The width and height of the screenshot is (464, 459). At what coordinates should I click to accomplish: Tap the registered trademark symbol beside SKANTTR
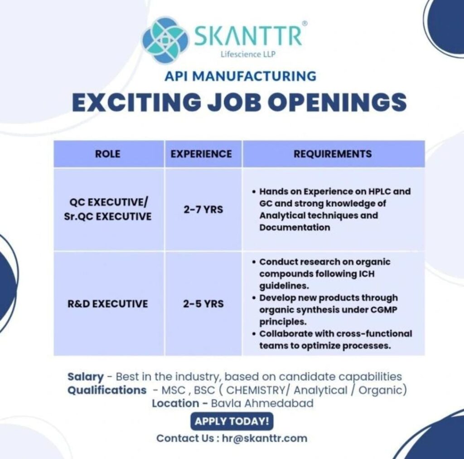pos(304,23)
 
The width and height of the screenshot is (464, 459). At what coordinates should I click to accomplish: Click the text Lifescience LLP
pos(247,55)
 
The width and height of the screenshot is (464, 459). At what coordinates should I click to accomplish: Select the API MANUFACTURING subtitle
pos(241,76)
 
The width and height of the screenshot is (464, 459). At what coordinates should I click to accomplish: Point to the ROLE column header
pos(108,154)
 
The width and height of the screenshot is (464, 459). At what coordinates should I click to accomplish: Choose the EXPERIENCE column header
pos(201,154)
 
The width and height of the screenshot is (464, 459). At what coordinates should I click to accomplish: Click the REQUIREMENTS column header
pos(333,154)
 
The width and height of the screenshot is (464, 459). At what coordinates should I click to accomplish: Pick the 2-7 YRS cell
pos(203,210)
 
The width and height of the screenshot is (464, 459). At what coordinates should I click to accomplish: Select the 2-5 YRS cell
pos(203,304)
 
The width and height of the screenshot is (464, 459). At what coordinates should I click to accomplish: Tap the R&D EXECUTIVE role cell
pos(107,304)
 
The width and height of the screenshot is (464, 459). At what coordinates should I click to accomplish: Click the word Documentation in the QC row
pos(295,227)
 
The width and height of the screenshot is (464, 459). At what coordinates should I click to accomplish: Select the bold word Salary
pos(86,377)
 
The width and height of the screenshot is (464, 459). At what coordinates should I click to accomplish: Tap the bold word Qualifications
pos(107,390)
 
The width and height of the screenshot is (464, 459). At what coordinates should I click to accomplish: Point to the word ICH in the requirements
pos(367,274)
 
